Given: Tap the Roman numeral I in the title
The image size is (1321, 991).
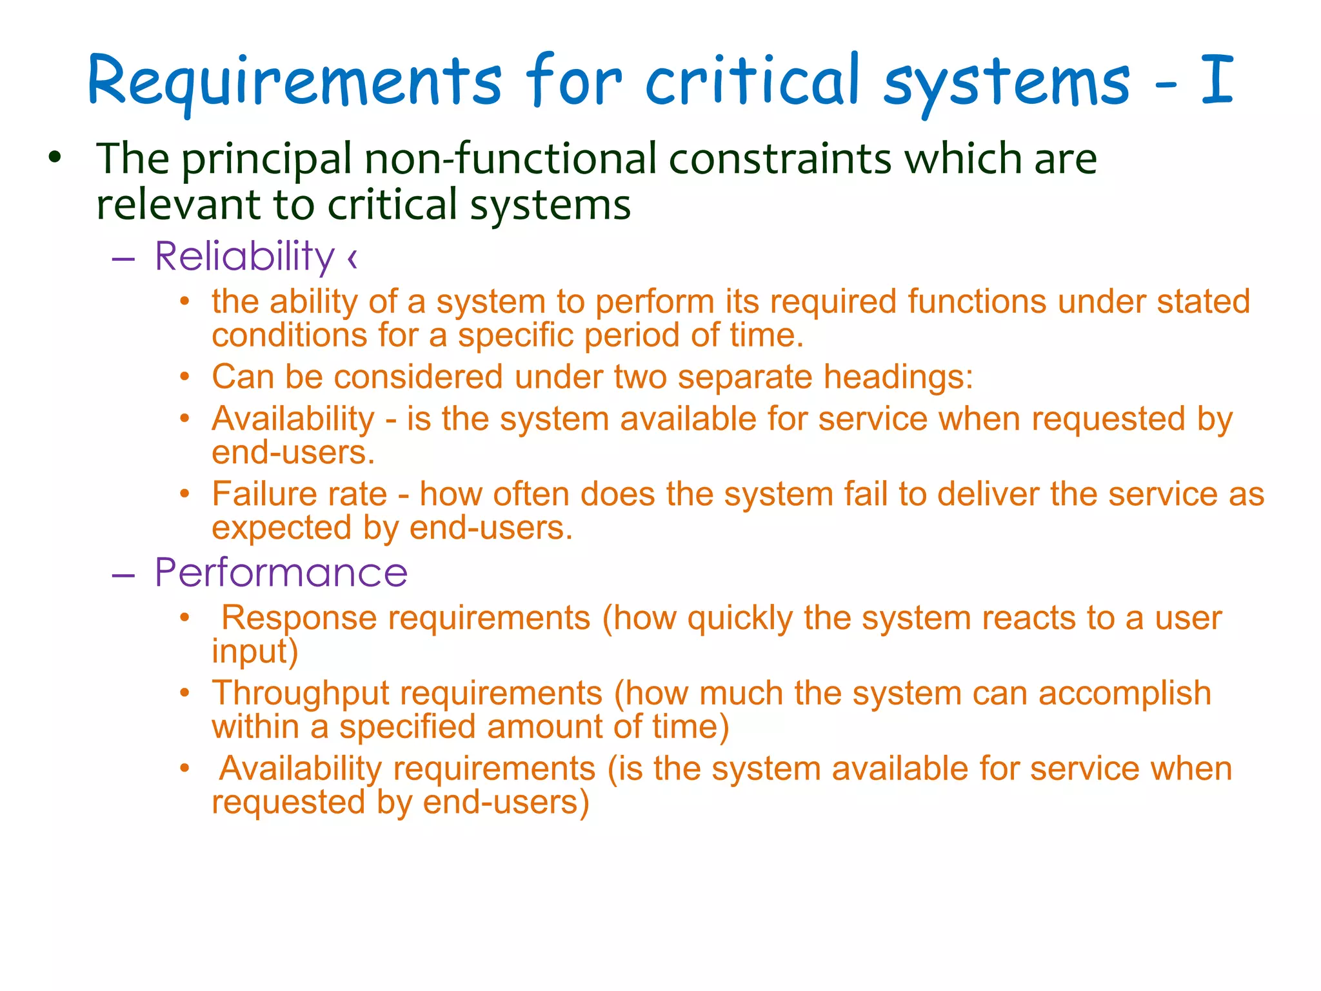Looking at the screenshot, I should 1217,80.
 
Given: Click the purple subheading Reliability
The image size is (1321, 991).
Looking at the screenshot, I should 244,256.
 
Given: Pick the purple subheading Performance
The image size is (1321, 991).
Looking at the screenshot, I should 281,572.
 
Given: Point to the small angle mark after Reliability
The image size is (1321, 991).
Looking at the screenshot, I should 352,258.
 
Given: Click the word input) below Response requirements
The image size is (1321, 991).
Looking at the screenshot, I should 255,652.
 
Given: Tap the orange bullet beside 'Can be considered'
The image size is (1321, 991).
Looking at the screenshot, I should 185,377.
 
